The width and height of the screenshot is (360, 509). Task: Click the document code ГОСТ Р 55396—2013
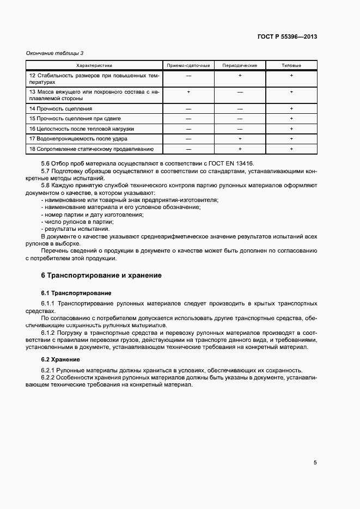287,37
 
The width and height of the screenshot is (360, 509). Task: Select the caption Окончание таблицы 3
55,53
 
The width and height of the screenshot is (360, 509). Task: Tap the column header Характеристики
94,65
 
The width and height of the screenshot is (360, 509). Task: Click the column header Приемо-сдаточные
188,65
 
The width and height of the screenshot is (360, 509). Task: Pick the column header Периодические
240,65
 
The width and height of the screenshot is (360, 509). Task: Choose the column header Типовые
291,65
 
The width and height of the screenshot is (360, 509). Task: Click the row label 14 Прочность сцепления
61,109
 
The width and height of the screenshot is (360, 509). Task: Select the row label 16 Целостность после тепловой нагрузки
82,129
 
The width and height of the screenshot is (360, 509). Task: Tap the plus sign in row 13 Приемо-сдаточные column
188,92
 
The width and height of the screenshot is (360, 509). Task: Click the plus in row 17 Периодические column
240,139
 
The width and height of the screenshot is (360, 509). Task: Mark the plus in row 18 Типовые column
291,149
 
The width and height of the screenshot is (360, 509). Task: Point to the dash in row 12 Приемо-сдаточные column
188,76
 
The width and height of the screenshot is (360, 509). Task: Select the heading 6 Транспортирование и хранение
101,275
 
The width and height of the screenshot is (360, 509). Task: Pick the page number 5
315,463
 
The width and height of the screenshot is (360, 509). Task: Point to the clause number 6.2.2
49,377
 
